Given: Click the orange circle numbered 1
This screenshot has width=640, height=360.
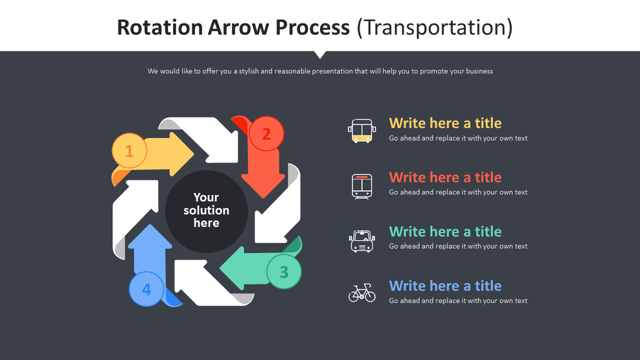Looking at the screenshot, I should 130,151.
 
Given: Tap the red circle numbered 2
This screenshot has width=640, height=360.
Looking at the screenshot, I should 266,134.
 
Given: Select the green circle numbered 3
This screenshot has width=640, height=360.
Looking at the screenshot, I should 284,272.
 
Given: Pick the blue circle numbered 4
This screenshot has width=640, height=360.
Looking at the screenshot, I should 146,289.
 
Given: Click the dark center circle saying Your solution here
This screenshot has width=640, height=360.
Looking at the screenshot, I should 206,210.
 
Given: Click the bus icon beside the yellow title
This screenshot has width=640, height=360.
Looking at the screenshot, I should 361,130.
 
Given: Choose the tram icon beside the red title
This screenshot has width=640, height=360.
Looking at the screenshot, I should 361,186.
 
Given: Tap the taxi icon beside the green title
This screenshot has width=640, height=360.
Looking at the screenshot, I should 361,240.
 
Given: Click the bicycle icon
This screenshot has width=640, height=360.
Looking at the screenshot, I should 361,293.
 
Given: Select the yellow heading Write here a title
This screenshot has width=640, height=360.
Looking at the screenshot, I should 445,123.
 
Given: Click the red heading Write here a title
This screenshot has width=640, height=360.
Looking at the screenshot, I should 445,177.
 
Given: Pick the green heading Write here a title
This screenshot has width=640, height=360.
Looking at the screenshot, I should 445,232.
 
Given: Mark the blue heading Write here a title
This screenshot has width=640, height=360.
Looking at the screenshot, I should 445,286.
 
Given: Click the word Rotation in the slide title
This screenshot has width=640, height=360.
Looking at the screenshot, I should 160,27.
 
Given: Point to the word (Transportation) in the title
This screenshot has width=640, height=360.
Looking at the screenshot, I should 435,27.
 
